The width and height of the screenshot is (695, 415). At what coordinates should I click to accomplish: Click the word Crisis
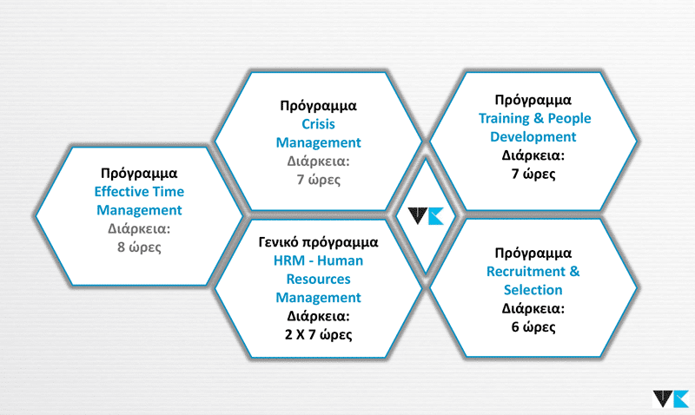[318, 124]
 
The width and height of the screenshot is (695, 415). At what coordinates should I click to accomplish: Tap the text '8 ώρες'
[139, 247]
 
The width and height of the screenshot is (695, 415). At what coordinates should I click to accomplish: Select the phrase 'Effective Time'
[139, 191]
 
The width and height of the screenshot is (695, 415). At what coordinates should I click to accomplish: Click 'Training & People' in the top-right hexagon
[534, 118]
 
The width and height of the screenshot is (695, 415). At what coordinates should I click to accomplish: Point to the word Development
[533, 137]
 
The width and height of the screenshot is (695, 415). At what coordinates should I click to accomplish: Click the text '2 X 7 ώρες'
[318, 334]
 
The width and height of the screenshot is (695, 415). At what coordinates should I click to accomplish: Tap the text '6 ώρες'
[533, 326]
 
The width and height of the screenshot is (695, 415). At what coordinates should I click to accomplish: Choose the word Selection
[533, 290]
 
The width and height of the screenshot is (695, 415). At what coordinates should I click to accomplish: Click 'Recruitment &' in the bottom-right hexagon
[533, 271]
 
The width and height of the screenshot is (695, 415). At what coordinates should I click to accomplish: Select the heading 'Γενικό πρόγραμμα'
[318, 242]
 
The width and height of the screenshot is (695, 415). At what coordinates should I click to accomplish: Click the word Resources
[318, 279]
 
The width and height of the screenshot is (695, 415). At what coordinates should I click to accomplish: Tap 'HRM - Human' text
[318, 260]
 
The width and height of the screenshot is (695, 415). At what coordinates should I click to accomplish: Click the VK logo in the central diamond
[426, 215]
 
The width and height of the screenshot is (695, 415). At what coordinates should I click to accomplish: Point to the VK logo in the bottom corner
[671, 399]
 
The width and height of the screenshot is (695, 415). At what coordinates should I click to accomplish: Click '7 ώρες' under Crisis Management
[318, 180]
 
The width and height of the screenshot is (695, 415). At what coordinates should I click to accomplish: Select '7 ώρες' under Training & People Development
[533, 174]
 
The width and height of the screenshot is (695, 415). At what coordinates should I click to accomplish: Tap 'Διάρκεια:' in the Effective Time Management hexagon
[139, 228]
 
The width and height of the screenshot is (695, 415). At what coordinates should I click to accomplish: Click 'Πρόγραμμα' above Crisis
[318, 106]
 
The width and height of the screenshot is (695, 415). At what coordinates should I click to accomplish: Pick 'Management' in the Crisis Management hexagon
[318, 142]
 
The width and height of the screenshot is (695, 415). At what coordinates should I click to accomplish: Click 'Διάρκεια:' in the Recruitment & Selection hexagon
[533, 308]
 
